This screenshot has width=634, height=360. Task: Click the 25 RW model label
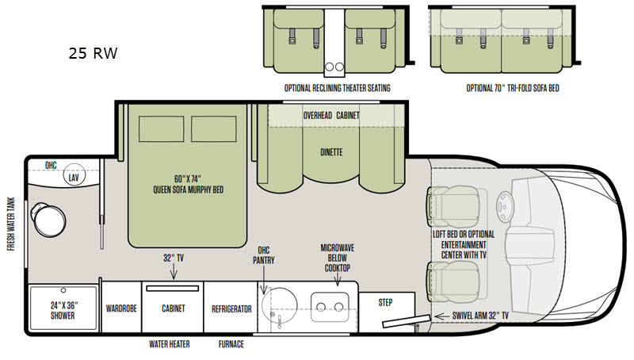click(93, 53)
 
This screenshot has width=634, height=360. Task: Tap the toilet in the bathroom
click(48, 220)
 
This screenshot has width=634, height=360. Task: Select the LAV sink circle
click(74, 175)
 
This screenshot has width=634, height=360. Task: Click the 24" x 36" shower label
click(63, 310)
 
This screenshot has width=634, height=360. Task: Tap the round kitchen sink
click(280, 305)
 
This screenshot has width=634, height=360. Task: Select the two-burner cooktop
click(330, 307)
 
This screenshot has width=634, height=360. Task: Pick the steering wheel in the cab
click(505, 206)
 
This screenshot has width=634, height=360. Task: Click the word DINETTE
click(331, 152)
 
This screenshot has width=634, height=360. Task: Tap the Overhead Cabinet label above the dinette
click(331, 116)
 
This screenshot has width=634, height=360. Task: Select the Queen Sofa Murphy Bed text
click(188, 185)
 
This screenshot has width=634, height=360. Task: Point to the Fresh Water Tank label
click(11, 224)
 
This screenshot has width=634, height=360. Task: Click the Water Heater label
click(170, 344)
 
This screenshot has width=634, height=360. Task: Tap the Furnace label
click(231, 344)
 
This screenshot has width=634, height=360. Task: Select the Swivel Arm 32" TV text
click(480, 316)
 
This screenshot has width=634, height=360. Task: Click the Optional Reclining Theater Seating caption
click(338, 88)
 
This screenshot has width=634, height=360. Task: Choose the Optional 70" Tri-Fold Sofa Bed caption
click(513, 88)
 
